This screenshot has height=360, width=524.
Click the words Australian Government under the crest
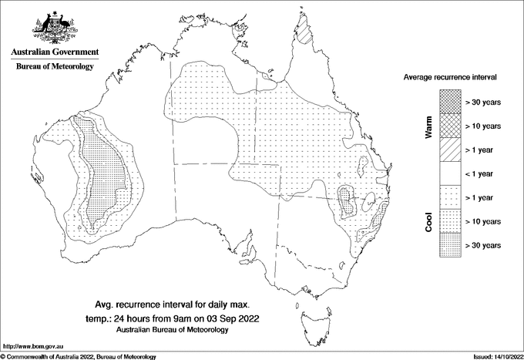point(54,52)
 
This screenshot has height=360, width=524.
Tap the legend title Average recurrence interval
point(451,78)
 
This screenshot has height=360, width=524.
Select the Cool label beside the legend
point(429,222)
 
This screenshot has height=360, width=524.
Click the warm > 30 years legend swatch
point(450,101)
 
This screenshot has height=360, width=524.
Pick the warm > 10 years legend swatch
point(450,125)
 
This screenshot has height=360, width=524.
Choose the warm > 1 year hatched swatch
point(450,149)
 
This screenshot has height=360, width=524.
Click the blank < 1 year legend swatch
point(450,173)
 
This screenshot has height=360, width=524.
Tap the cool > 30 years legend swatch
point(450,244)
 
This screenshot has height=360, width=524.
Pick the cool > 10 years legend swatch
point(450,220)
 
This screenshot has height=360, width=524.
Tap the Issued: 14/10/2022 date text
point(492,356)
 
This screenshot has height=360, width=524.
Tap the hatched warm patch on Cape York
point(305,34)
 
